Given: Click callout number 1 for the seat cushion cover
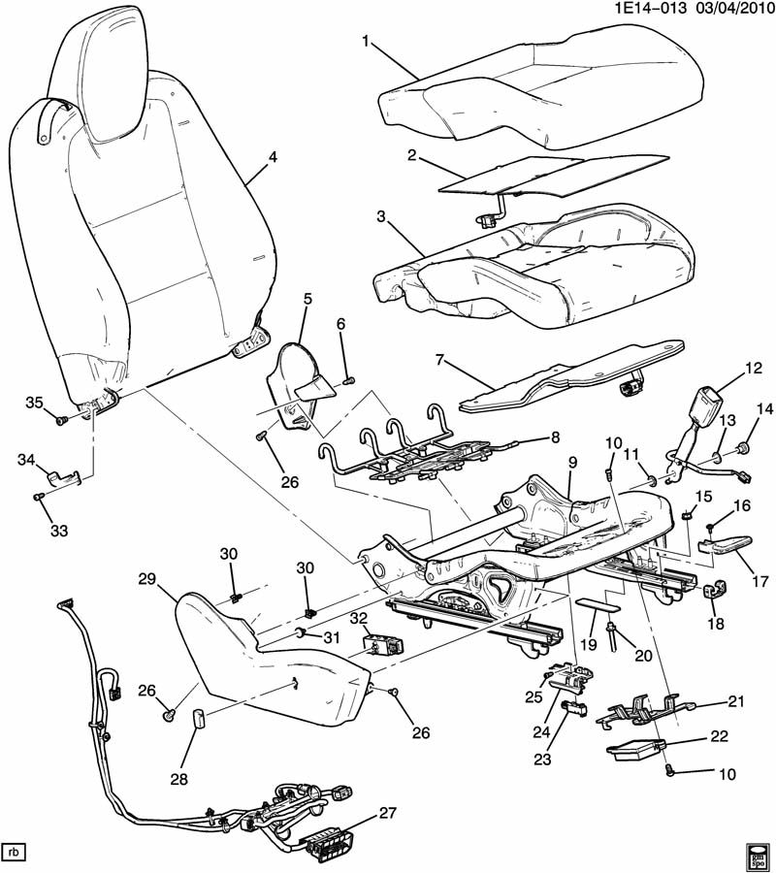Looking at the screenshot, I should click(x=366, y=41).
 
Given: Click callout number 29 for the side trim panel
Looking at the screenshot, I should click(x=146, y=579).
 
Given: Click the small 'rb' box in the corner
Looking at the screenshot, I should click(x=15, y=853).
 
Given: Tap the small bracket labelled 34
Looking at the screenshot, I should click(x=63, y=476).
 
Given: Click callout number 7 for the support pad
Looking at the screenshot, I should click(x=439, y=360).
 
